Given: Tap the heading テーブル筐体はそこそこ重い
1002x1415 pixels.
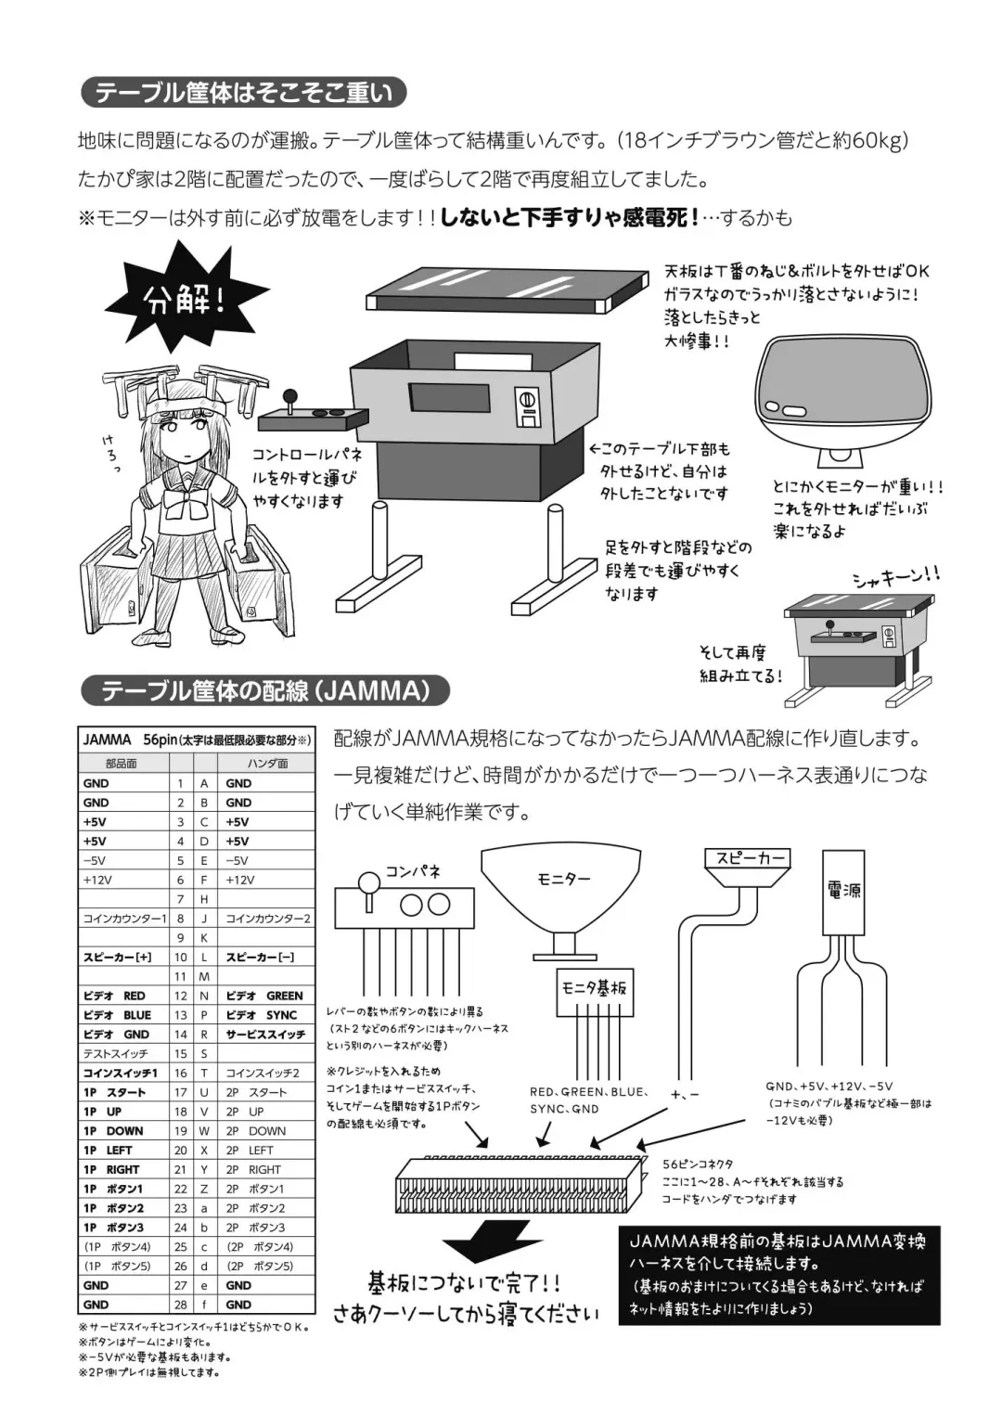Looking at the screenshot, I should tap(244, 93).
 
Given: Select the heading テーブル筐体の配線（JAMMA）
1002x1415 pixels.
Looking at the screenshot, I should tap(265, 691).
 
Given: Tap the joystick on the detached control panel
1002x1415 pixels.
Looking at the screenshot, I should tap(289, 404).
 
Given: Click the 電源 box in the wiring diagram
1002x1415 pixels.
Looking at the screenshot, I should tap(843, 891).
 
